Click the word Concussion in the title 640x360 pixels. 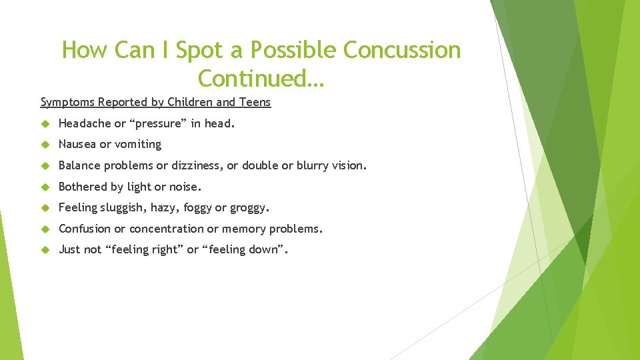401,50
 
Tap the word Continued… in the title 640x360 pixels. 261,79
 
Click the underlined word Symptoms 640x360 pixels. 67,102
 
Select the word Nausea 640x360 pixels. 77,144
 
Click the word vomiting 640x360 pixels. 137,144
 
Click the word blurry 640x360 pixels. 313,165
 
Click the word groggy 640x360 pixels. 249,208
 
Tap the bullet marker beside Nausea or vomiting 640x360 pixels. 45,145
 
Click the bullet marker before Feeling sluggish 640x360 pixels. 45,208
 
